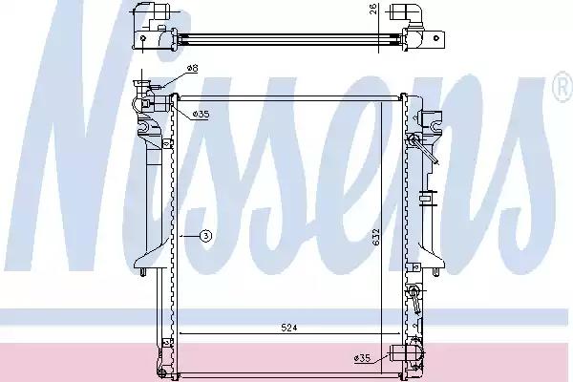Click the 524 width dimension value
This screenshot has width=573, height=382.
[x=289, y=328]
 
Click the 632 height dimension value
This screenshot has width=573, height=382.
[x=377, y=237]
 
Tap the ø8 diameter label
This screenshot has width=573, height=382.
[x=192, y=68]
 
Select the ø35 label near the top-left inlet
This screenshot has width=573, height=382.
[x=201, y=115]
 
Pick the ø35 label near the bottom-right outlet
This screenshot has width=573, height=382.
[x=362, y=358]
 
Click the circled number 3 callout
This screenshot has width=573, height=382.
[x=206, y=236]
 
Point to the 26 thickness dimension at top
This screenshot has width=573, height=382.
[x=373, y=9]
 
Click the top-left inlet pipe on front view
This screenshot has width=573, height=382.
[x=160, y=103]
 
